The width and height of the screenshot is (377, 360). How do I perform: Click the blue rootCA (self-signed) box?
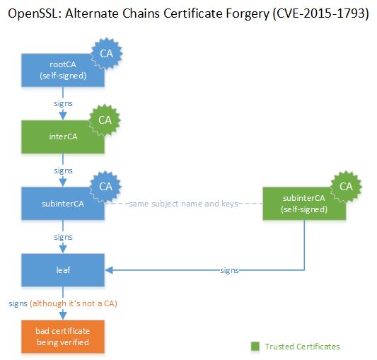[63, 70]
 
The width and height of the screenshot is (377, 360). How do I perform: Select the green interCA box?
[63, 137]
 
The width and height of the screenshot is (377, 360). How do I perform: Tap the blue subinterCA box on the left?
[63, 204]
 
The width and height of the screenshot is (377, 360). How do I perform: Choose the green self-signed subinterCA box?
[304, 204]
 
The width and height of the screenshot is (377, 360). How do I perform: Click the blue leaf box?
[63, 270]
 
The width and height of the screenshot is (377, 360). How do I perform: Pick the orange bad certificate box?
[63, 337]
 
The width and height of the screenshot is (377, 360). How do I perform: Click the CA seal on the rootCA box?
[107, 54]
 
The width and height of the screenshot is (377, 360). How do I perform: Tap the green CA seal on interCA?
[105, 120]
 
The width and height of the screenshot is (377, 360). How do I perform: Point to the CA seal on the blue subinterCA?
[105, 187]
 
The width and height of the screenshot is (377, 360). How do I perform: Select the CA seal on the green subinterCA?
[346, 187]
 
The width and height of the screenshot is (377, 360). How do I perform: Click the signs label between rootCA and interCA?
[63, 104]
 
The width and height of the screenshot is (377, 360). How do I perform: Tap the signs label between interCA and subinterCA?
[63, 170]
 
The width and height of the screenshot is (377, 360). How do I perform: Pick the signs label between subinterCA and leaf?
[63, 238]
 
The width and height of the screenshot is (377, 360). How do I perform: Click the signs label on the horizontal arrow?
[230, 271]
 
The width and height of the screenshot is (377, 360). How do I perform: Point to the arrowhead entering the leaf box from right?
[109, 270]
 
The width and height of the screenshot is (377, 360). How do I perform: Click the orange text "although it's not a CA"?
[74, 303]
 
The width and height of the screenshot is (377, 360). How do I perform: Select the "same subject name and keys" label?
[183, 204]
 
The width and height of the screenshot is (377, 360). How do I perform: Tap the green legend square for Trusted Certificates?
[255, 347]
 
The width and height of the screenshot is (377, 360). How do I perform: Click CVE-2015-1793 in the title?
[320, 13]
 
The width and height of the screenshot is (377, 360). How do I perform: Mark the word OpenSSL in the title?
[33, 13]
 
